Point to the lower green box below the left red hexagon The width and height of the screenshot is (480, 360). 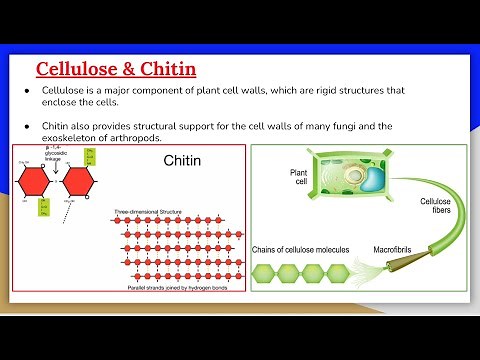click(44, 208)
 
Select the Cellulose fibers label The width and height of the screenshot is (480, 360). click(436, 205)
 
